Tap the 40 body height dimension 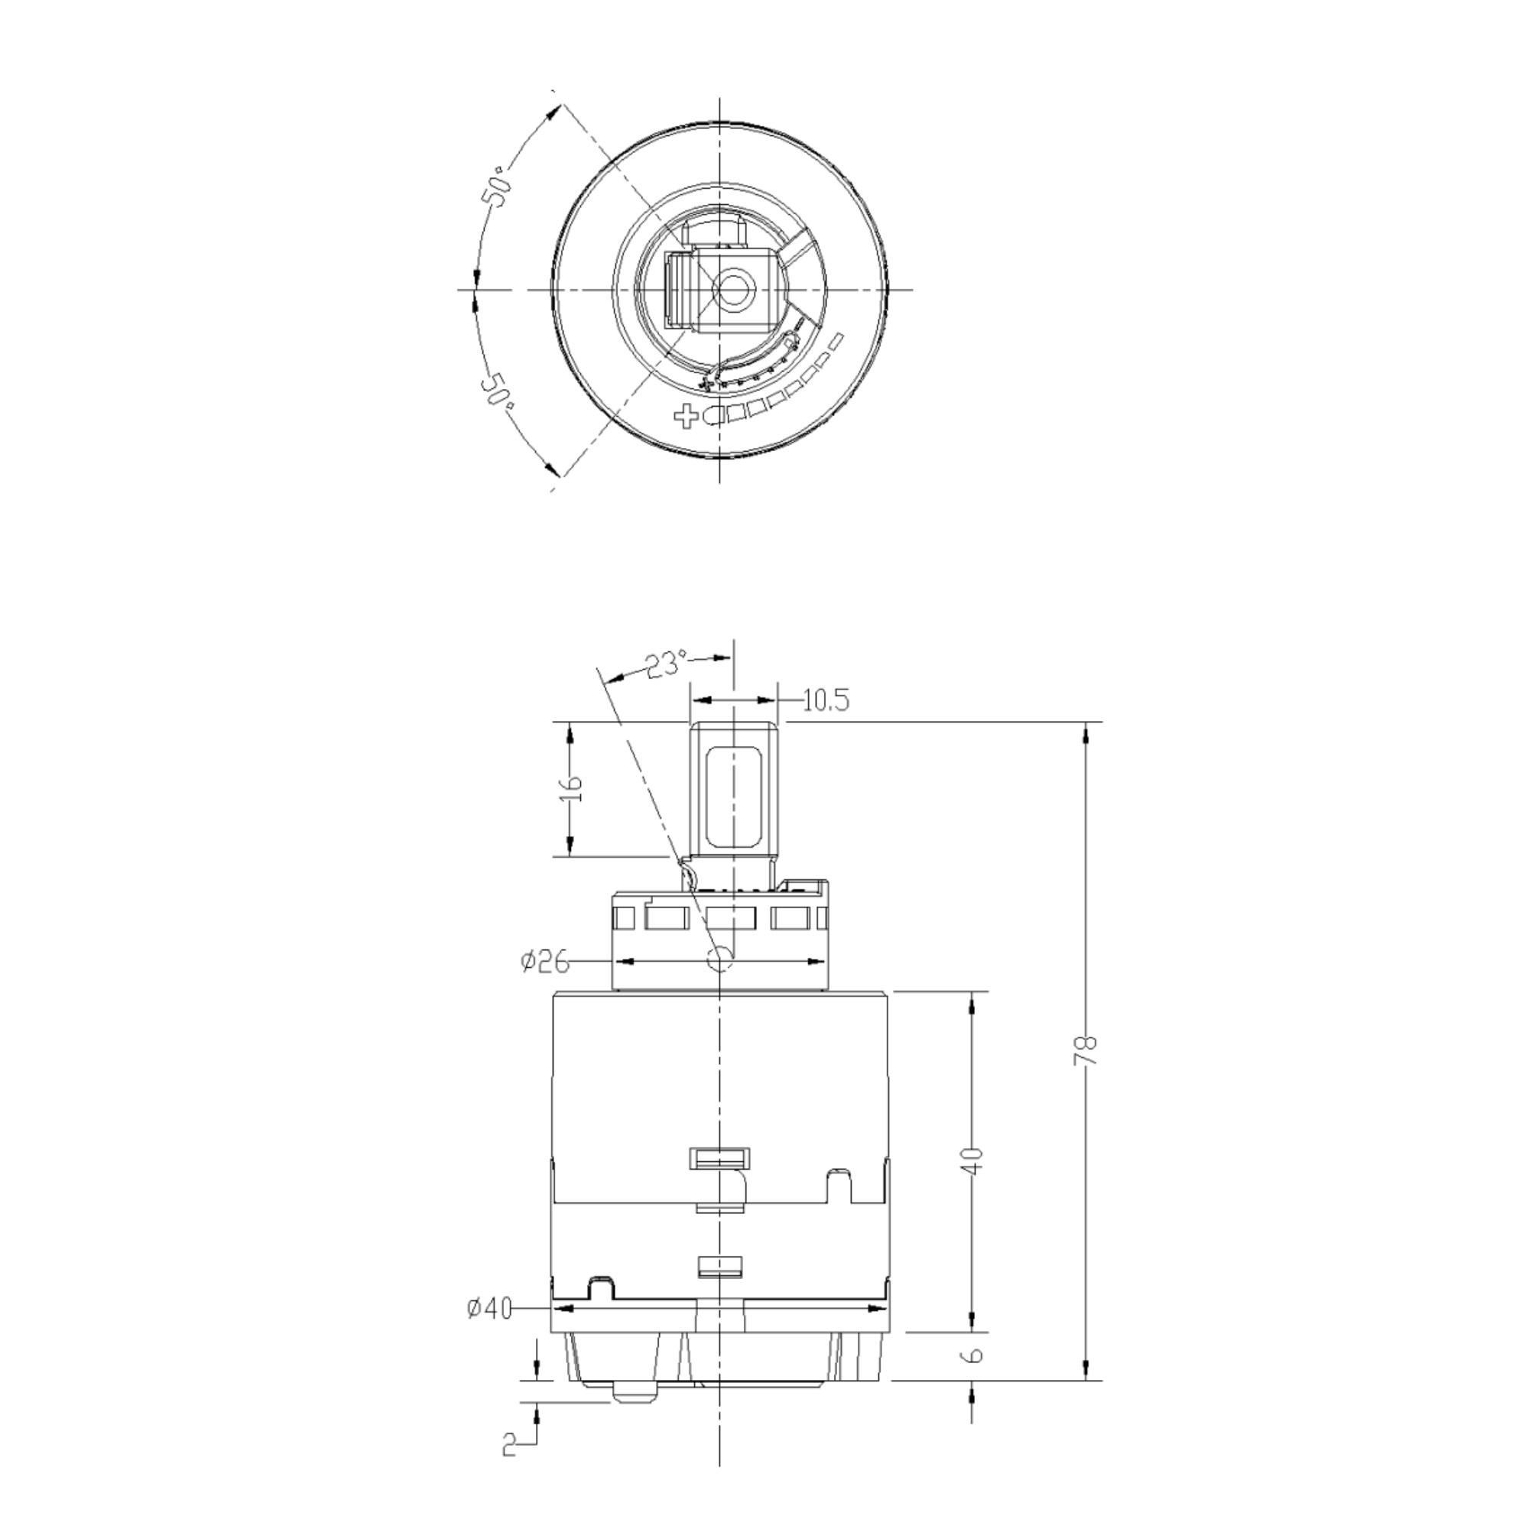click(975, 1160)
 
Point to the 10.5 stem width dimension click(826, 700)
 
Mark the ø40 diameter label click(490, 1309)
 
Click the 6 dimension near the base click(975, 1355)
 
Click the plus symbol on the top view click(687, 414)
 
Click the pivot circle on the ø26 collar click(719, 959)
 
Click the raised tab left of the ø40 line click(601, 1287)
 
